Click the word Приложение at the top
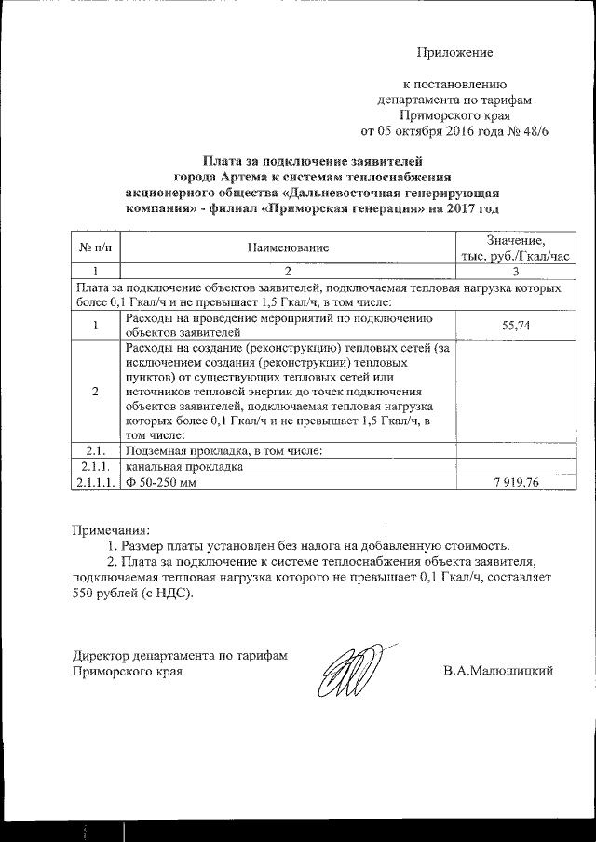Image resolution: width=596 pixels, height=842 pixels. (454, 53)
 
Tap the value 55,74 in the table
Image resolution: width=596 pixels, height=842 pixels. (509, 325)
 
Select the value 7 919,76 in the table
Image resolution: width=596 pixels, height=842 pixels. (509, 483)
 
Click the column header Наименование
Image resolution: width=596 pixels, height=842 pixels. (288, 248)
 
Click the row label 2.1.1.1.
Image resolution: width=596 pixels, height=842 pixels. (96, 483)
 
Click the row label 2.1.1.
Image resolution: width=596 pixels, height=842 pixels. (96, 467)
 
